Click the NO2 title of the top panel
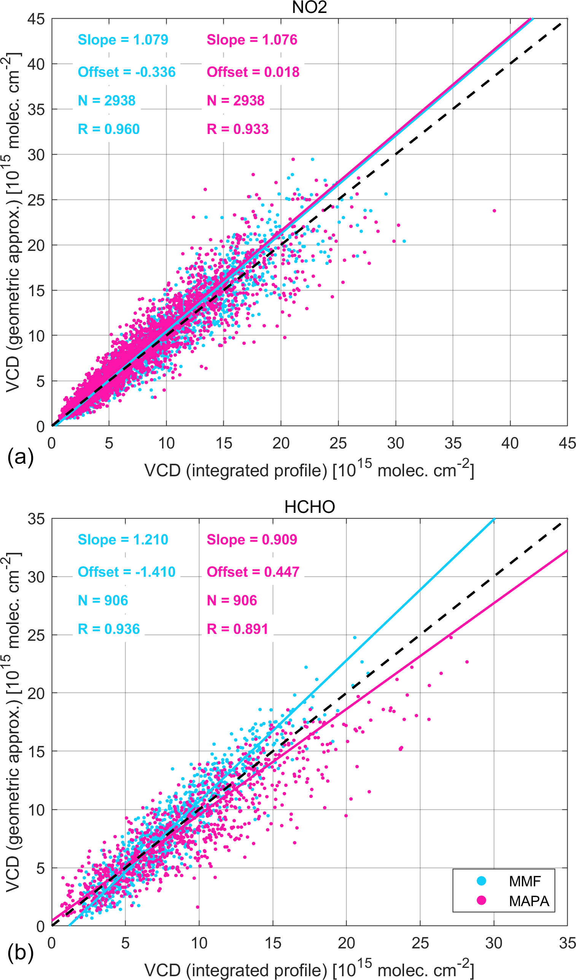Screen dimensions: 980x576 [x=309, y=8]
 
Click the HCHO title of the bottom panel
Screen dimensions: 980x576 [x=309, y=507]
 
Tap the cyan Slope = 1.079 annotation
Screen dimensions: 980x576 [x=123, y=40]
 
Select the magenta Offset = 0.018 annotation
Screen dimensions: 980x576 [x=253, y=72]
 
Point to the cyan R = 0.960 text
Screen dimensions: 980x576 [x=109, y=129]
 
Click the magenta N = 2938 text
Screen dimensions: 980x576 [x=235, y=101]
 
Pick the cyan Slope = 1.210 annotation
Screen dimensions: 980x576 [x=123, y=539]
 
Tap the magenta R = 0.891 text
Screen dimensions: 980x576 [x=237, y=629]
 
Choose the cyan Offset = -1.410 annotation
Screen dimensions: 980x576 [x=127, y=572]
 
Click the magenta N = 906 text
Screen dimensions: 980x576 [x=232, y=600]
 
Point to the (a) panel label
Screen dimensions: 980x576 [x=21, y=457]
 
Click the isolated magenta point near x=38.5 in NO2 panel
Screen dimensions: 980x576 [x=494, y=211]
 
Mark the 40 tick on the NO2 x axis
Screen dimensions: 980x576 [x=510, y=443]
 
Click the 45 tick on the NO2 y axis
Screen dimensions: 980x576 [x=36, y=19]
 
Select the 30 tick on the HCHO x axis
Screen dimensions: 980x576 [x=493, y=943]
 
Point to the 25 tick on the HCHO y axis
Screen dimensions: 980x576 [x=36, y=635]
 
